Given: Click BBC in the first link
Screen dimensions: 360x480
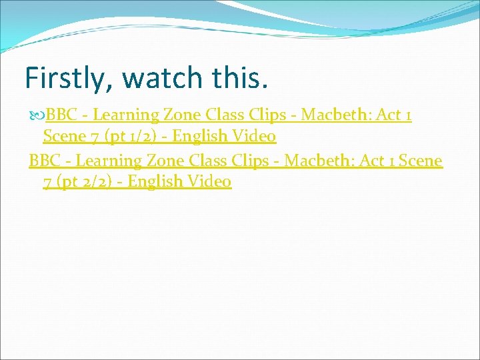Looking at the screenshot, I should click(x=61, y=115).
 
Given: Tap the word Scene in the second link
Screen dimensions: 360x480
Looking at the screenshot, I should click(x=422, y=161).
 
